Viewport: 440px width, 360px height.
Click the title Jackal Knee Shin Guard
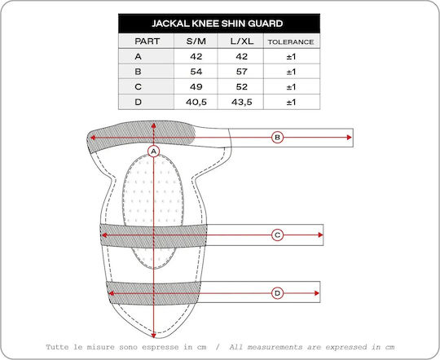(218, 24)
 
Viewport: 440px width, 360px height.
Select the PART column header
(147, 42)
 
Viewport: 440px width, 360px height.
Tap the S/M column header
(196, 42)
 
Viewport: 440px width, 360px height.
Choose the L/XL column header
(242, 42)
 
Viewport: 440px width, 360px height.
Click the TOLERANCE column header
(291, 42)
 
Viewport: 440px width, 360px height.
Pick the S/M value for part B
(196, 72)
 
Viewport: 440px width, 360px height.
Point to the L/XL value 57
(242, 72)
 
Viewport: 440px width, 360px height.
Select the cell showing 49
(196, 86)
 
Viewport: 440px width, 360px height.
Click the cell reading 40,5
(196, 102)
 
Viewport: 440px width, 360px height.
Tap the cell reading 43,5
(242, 102)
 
